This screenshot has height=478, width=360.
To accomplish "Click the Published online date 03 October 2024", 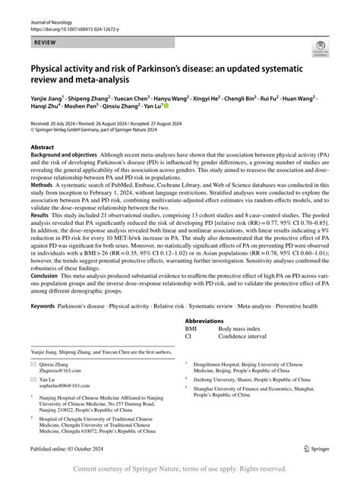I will pyautogui.click(x=81, y=449).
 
